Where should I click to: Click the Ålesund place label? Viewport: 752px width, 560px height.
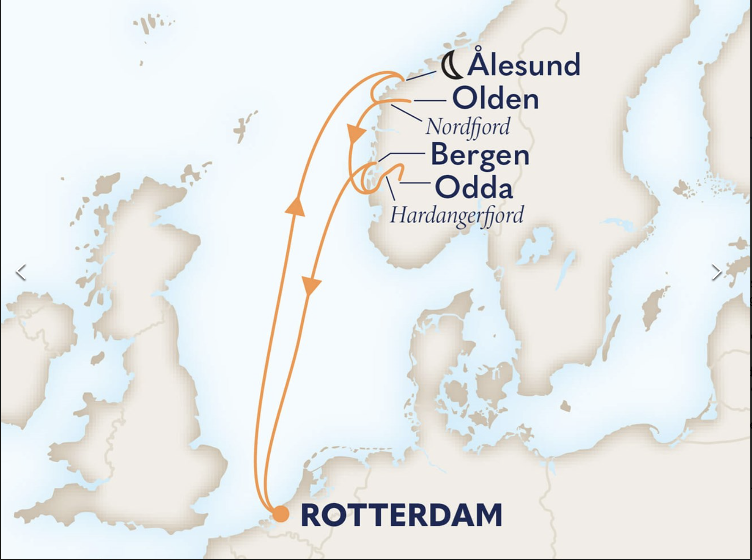tap(524, 65)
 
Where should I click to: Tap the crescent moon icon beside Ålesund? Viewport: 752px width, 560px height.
tap(452, 67)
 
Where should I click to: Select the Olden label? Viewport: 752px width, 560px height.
tap(495, 99)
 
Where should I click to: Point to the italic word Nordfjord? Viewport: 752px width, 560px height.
tap(467, 126)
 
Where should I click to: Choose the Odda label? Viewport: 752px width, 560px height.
tap(474, 188)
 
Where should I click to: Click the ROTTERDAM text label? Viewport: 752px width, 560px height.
tap(401, 515)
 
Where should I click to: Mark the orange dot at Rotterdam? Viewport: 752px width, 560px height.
tap(281, 514)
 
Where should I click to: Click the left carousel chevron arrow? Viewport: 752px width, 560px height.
tap(21, 272)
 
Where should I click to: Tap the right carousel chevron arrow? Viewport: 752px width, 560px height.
tap(717, 272)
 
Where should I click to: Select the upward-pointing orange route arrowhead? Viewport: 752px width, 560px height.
tap(295, 206)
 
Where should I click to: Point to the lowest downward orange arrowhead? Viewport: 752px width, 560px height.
tap(310, 286)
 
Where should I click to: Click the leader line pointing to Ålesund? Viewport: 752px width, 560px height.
tap(421, 76)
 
